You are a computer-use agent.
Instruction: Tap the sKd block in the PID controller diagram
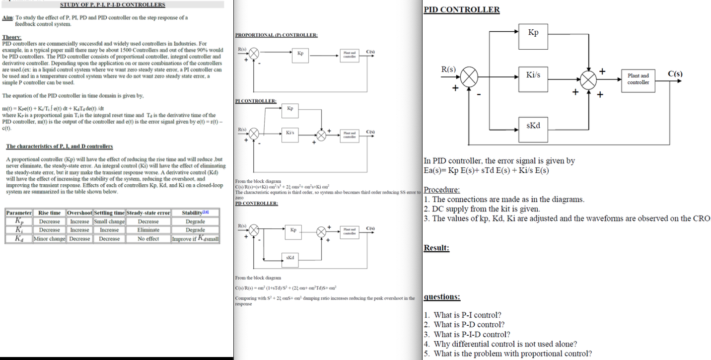[533, 125]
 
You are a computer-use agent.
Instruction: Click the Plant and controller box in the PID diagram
[638, 79]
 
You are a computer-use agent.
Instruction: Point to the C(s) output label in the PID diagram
[675, 74]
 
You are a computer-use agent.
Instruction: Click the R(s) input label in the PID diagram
[448, 70]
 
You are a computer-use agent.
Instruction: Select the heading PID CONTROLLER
[461, 9]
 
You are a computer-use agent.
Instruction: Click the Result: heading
[436, 248]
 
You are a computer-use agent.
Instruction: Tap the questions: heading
[442, 297]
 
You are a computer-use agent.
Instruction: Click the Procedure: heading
[441, 190]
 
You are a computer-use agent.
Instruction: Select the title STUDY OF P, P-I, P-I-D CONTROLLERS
[113, 4]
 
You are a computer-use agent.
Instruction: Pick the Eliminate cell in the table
[148, 230]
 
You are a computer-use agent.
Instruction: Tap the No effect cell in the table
[148, 239]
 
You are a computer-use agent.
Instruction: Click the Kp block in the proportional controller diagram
[300, 53]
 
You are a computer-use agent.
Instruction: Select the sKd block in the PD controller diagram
[290, 258]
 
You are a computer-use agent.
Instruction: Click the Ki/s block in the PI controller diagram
[290, 133]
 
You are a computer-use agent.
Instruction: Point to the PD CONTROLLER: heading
[256, 203]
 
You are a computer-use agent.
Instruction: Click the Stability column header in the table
[195, 213]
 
